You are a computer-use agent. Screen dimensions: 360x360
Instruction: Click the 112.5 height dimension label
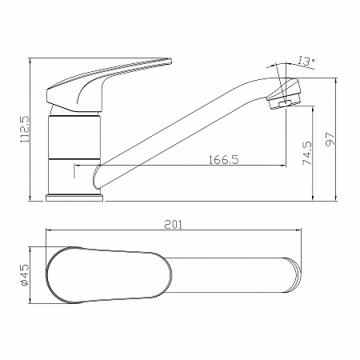(26, 129)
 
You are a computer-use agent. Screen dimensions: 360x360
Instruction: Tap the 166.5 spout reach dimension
(223, 160)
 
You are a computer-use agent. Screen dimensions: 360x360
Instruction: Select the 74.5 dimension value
(307, 153)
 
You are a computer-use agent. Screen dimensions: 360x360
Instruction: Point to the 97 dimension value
(330, 139)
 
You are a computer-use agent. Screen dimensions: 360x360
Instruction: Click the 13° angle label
(306, 61)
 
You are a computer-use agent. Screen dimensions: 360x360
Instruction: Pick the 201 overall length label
(174, 225)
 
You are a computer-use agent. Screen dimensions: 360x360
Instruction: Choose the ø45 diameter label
(24, 275)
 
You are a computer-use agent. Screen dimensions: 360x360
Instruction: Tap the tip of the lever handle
(170, 61)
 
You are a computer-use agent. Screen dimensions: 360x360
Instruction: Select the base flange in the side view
(75, 198)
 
